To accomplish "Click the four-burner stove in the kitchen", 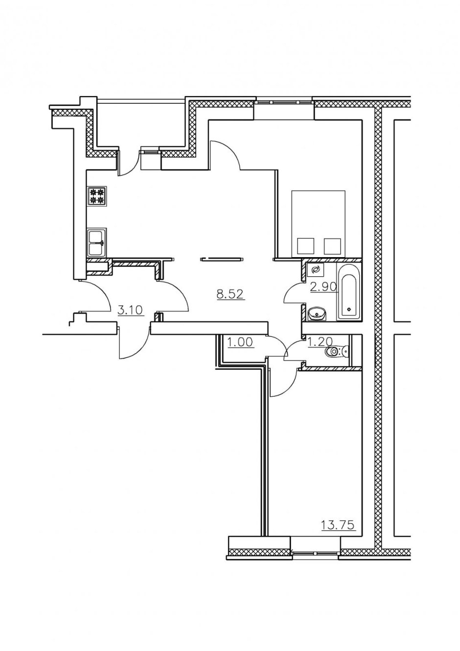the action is pos(97,196).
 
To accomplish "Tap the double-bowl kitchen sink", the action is pos(97,243).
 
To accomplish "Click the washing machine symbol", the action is pos(315,270).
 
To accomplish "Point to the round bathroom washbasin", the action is pos(317,314).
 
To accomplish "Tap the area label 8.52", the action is pos(230,294).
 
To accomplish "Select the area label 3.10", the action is pos(130,311).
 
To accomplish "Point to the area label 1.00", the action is pos(241,342).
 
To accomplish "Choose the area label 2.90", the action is pos(323,287).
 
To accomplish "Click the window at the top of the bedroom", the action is pos(284,102).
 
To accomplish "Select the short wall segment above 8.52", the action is pos(222,258).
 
